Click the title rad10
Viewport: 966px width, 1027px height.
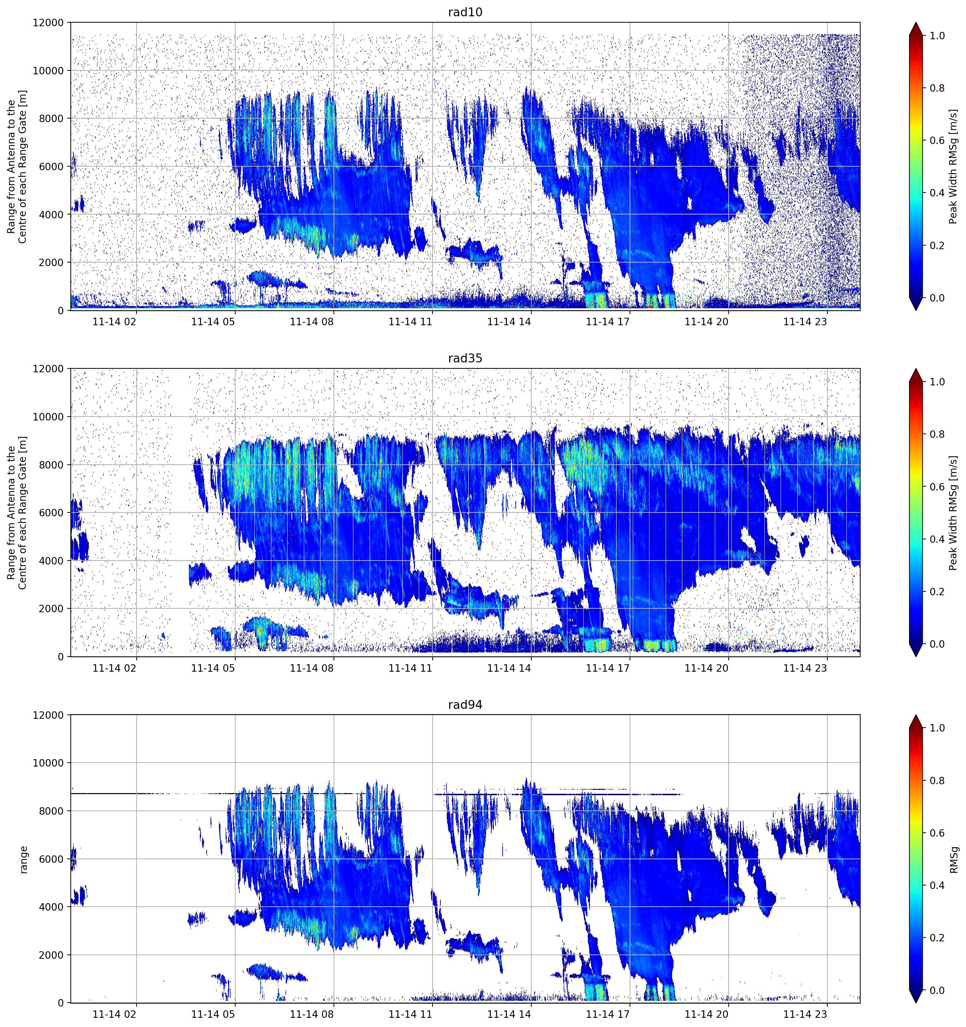pyautogui.click(x=465, y=12)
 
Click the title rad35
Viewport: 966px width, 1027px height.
pyautogui.click(x=465, y=358)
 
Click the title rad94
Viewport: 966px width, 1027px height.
pyautogui.click(x=465, y=705)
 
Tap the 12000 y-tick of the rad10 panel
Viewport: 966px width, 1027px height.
pyautogui.click(x=48, y=23)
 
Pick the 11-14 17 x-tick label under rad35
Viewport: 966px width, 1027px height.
pyautogui.click(x=608, y=668)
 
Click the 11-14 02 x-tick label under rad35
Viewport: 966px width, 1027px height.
pyautogui.click(x=115, y=668)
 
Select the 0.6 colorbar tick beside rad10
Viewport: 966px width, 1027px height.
pyautogui.click(x=937, y=140)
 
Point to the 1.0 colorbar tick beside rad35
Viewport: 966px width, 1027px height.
pyautogui.click(x=937, y=382)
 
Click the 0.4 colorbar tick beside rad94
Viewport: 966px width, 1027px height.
pyautogui.click(x=937, y=885)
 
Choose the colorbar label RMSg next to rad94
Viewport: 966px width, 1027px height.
pyautogui.click(x=954, y=860)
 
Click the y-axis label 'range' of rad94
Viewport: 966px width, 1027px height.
pyautogui.click(x=23, y=860)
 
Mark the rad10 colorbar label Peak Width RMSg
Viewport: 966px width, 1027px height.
pyautogui.click(x=954, y=166)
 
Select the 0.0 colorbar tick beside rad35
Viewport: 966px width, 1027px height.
pyautogui.click(x=937, y=644)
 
